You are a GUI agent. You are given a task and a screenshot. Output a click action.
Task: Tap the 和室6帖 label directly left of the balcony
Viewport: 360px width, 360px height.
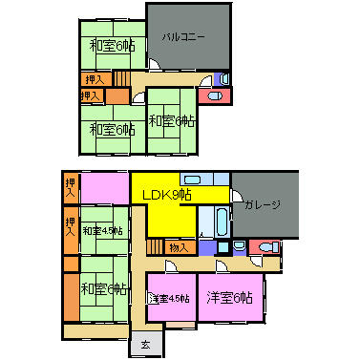tap(112, 45)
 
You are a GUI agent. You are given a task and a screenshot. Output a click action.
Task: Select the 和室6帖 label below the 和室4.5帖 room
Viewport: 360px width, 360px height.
tap(104, 289)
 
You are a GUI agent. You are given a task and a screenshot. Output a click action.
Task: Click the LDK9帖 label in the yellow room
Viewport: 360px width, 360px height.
tap(167, 195)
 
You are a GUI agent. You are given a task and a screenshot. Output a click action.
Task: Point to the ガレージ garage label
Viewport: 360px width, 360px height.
tap(262, 205)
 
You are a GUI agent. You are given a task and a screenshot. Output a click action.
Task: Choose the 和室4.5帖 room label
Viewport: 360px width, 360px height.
tap(102, 230)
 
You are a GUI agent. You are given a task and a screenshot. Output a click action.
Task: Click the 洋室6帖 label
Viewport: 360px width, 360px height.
tap(229, 297)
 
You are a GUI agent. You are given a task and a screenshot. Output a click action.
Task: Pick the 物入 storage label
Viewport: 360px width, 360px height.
tap(179, 247)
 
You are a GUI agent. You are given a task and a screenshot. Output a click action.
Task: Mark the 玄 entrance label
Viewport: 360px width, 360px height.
tap(145, 344)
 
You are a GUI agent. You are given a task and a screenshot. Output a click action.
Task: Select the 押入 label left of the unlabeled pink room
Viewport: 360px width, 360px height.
tap(71, 186)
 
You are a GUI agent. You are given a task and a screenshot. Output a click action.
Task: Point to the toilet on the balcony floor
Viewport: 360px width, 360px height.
tap(212, 95)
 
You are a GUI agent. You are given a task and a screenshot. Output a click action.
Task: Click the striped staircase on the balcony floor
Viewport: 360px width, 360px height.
tap(122, 79)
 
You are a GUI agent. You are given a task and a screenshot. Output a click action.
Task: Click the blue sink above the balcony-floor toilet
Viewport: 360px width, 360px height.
tap(222, 78)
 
